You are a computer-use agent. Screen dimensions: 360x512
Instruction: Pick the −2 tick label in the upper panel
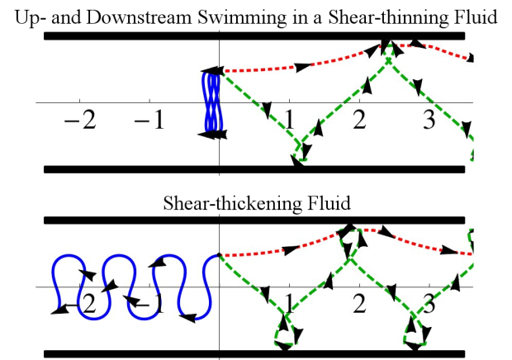pyautogui.click(x=80, y=121)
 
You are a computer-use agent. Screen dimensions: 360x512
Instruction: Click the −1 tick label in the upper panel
pyautogui.click(x=150, y=121)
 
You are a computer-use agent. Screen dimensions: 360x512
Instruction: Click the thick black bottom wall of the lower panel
pyautogui.click(x=165, y=353)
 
